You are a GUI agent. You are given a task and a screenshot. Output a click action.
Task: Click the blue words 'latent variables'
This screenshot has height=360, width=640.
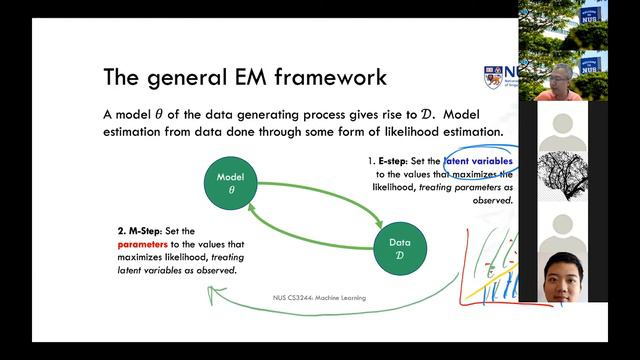pyautogui.click(x=479, y=160)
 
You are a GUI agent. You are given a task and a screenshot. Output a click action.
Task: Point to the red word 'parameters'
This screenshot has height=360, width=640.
pyautogui.click(x=143, y=243)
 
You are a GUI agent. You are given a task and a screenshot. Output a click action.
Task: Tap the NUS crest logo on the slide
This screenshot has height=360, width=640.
pyautogui.click(x=491, y=78)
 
